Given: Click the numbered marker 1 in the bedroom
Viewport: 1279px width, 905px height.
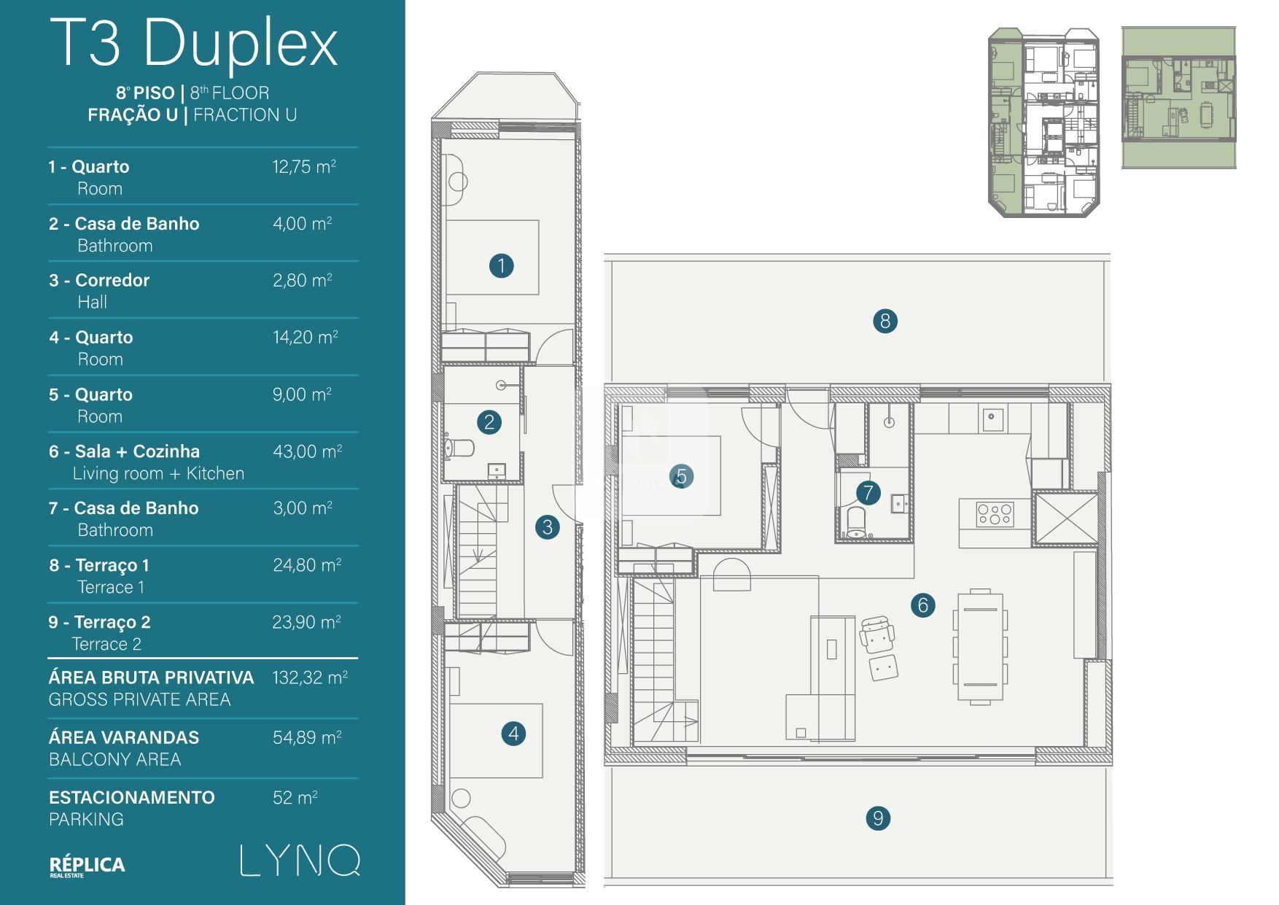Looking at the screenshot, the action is (501, 265).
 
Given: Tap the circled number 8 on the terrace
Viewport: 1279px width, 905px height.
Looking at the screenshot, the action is (885, 321).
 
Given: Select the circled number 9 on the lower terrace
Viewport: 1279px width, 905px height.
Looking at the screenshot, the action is (878, 818).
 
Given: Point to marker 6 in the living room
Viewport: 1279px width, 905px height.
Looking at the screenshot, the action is (922, 605).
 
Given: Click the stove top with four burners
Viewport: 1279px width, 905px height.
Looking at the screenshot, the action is (995, 514).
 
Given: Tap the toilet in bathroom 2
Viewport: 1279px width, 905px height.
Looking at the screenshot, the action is (458, 446).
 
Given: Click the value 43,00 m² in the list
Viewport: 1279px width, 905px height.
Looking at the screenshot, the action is (307, 451).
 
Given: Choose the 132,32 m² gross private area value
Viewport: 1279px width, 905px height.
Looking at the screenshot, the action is (309, 677).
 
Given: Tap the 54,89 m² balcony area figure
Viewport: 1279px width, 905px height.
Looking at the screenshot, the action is (307, 737).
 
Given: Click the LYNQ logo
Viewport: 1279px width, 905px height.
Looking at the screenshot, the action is (300, 861).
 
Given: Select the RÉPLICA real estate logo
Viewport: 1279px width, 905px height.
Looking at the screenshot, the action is (87, 866).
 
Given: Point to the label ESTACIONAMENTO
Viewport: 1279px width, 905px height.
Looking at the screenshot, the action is (132, 797).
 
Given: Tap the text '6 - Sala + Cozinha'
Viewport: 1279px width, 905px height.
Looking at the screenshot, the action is (124, 451).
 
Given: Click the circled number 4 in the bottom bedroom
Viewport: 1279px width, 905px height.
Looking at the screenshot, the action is (513, 734).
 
